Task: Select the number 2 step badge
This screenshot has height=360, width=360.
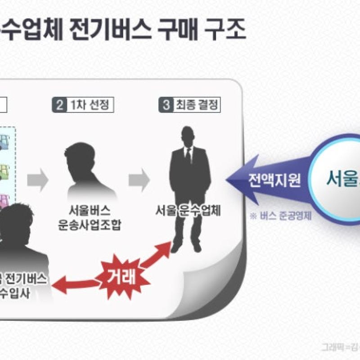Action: click(x=59, y=106)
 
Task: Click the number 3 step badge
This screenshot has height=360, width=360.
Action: click(x=166, y=106)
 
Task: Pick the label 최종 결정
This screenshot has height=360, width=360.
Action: click(x=196, y=106)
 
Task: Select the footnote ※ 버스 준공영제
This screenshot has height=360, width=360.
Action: click(x=281, y=215)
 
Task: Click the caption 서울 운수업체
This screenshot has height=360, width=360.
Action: click(x=188, y=211)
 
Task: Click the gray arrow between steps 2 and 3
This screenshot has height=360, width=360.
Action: click(x=139, y=179)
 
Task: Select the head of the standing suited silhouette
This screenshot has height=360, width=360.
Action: click(x=188, y=136)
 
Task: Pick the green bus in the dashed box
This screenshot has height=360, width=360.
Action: click(x=5, y=171)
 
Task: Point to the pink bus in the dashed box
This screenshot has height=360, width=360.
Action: click(x=4, y=198)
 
